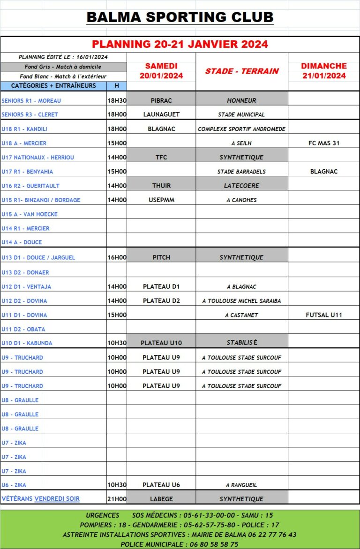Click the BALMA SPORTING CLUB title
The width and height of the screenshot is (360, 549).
(180, 17)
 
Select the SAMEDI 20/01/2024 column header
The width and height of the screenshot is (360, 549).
(161, 71)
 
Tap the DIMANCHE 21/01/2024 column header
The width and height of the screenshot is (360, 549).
(324, 71)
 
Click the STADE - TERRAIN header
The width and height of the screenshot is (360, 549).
(242, 71)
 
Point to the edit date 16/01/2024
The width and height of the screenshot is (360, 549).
(92, 57)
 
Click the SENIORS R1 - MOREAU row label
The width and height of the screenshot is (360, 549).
(31, 101)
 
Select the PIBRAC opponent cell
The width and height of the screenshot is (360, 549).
(161, 100)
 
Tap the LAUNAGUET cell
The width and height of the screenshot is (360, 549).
(161, 114)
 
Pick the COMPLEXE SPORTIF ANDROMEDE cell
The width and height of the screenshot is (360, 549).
(242, 129)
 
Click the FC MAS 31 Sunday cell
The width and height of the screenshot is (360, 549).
(324, 143)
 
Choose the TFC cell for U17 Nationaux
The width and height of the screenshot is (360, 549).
(161, 158)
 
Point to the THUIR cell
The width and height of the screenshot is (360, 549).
(161, 186)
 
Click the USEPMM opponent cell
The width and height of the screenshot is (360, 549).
(161, 200)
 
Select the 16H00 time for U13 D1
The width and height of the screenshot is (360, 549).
(117, 257)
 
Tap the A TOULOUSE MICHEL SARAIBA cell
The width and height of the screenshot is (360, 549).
(242, 301)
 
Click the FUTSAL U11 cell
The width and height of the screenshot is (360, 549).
(324, 315)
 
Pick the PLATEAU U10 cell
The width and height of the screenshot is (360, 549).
(161, 343)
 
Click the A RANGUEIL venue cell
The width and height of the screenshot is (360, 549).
(242, 485)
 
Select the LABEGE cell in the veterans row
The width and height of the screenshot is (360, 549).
(161, 499)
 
